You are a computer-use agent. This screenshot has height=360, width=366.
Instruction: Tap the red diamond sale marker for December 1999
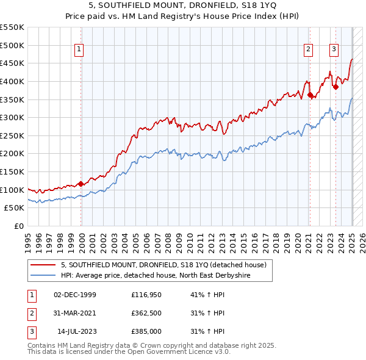pyautogui.click(x=81, y=183)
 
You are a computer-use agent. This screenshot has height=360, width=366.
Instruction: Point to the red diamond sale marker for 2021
pyautogui.click(x=310, y=95)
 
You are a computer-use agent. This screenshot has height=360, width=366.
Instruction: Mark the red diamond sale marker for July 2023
pyautogui.click(x=335, y=87)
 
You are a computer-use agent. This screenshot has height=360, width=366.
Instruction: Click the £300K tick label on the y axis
pyautogui.click(x=12, y=117)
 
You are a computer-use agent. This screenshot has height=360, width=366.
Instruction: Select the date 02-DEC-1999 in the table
pyautogui.click(x=75, y=295)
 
